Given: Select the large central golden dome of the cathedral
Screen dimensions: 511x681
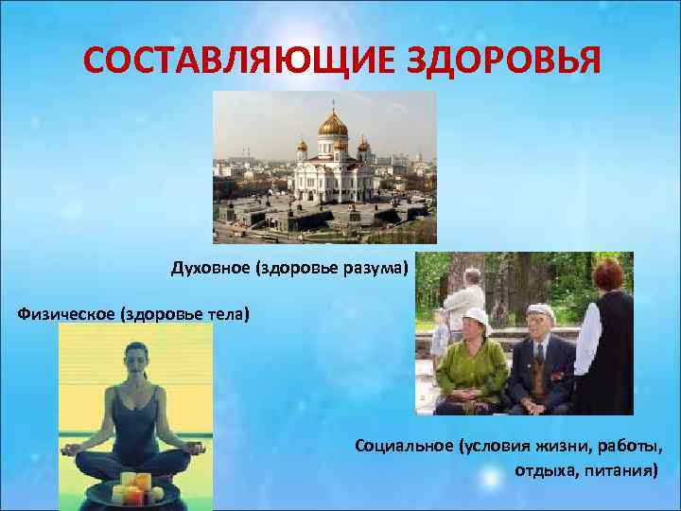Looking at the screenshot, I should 332,124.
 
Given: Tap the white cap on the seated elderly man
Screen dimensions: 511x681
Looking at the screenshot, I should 539,311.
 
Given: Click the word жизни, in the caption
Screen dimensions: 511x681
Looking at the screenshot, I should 549,445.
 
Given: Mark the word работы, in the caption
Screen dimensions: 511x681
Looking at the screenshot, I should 625,445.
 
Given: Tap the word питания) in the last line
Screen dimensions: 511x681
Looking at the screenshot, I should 617,469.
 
